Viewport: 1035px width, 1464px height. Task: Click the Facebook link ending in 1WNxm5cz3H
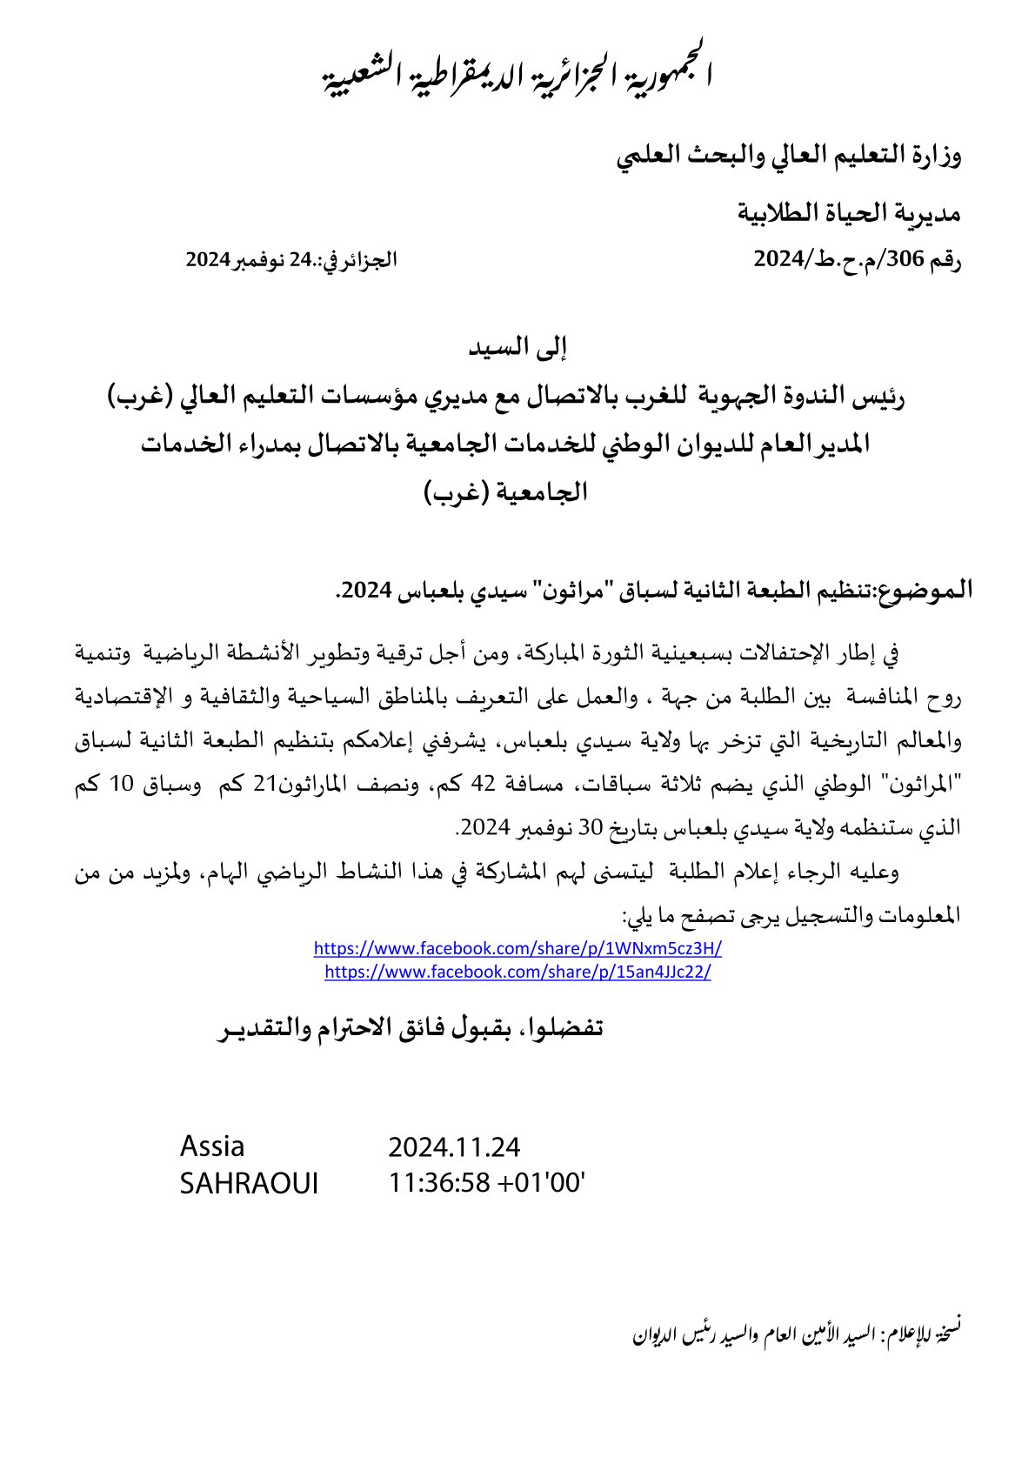[517, 948]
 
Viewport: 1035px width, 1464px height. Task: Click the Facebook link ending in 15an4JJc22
[517, 972]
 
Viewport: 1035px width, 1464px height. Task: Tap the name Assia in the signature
[212, 1146]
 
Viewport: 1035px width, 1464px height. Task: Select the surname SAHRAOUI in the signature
[249, 1183]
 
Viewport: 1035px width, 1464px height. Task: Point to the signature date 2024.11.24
[454, 1147]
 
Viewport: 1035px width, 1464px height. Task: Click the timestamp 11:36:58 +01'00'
[486, 1183]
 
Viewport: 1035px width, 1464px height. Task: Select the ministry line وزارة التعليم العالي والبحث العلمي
[789, 157]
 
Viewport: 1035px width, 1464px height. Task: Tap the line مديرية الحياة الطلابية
[849, 211]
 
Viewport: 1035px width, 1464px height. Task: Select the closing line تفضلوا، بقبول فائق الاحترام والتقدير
[410, 1027]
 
